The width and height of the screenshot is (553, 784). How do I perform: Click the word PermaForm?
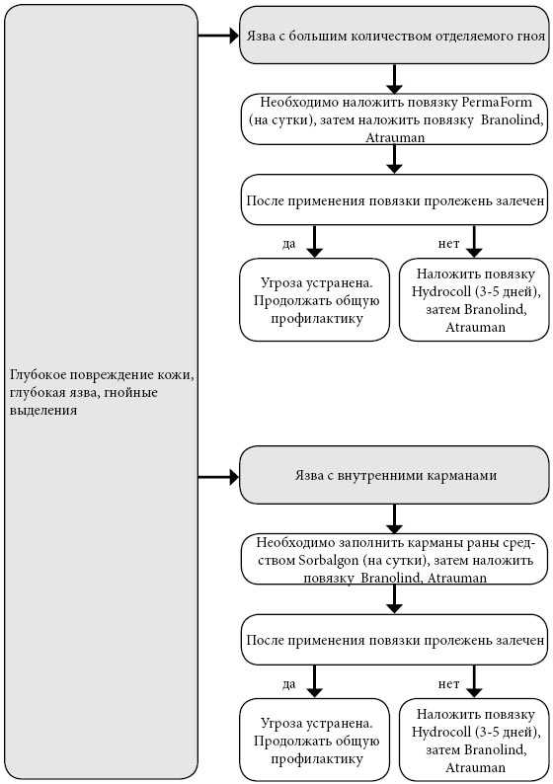(497, 103)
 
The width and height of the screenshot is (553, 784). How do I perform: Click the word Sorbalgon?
(329, 560)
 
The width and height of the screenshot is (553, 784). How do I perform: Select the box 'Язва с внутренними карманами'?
(394, 475)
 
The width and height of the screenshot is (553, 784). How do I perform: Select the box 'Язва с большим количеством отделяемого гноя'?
(394, 36)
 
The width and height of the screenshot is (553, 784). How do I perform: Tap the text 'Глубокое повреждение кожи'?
(102, 375)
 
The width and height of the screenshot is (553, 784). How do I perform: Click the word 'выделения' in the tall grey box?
(43, 410)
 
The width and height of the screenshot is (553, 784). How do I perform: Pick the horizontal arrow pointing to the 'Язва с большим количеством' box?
(218, 36)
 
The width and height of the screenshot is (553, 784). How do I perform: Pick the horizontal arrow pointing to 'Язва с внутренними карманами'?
(218, 478)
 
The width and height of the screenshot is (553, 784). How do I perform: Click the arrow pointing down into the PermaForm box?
(394, 79)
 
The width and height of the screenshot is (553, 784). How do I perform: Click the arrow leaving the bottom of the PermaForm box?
(394, 160)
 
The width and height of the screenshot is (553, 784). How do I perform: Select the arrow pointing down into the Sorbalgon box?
(394, 518)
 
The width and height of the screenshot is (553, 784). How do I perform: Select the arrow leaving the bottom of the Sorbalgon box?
(394, 599)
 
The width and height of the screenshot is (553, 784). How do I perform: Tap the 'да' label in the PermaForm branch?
(289, 244)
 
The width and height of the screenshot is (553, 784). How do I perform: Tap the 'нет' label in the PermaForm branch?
(448, 244)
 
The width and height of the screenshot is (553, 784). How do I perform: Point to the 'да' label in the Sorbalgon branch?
(289, 684)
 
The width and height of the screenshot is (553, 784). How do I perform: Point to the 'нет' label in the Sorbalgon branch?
(448, 684)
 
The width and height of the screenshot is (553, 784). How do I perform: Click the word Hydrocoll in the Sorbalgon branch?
(441, 733)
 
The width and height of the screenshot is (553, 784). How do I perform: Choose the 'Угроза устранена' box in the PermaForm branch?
(314, 300)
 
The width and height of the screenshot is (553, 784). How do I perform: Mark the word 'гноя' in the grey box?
(529, 36)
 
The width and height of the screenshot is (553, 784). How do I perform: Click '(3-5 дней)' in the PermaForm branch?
(508, 292)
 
